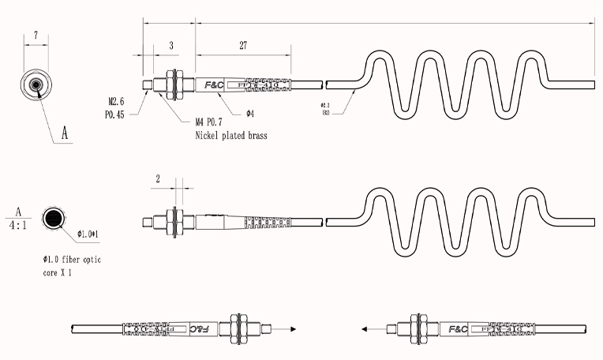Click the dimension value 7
click(x=37, y=35)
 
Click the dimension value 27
click(x=243, y=46)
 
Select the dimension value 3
click(x=171, y=46)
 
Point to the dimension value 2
click(x=159, y=179)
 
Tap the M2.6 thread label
click(x=118, y=102)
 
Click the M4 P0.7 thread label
click(x=214, y=122)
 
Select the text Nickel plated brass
click(x=231, y=136)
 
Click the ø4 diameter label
click(x=249, y=114)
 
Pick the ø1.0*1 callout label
click(x=92, y=234)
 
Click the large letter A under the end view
click(x=66, y=135)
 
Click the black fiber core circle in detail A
click(x=54, y=219)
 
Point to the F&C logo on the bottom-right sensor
click(x=458, y=328)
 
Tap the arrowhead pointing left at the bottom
click(x=364, y=328)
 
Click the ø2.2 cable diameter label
click(x=324, y=106)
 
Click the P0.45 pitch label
click(x=116, y=114)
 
